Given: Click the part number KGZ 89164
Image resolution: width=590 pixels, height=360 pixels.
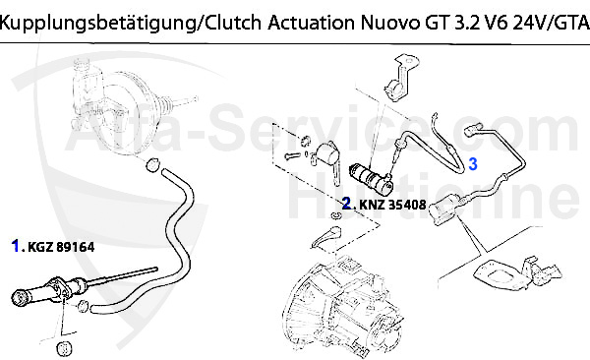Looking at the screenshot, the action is [61, 247].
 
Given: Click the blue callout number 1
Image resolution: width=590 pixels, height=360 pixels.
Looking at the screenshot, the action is [17, 246].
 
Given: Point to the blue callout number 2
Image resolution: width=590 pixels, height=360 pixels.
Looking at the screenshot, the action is [347, 205].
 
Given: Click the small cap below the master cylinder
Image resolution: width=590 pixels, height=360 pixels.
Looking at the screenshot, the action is [66, 348].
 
